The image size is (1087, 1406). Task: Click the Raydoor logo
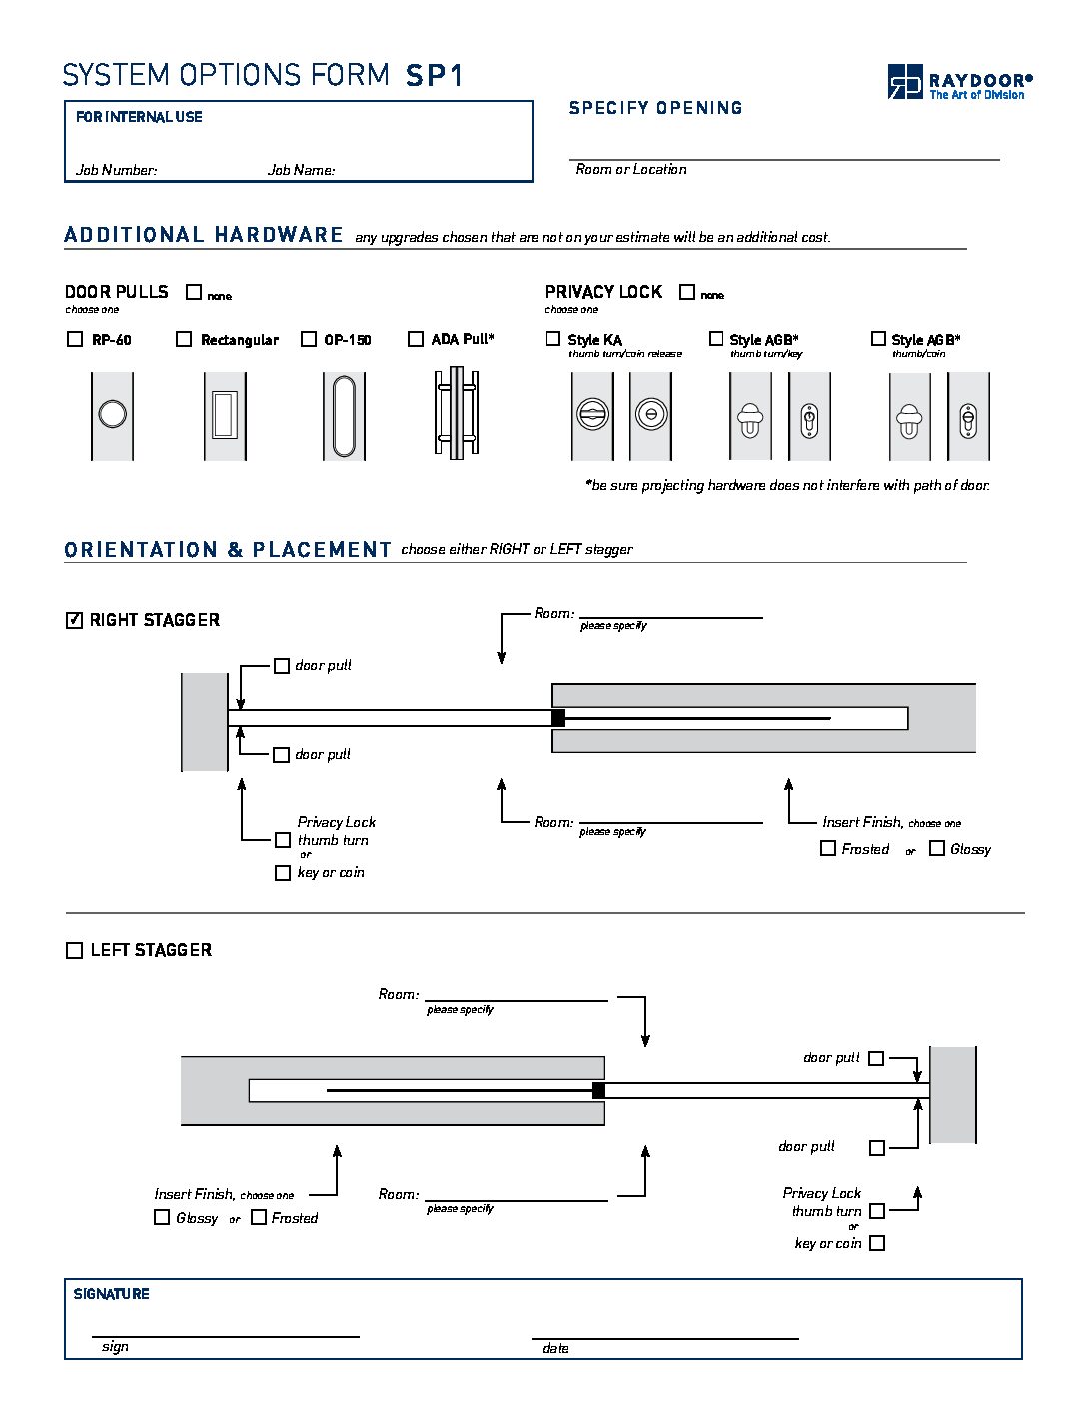[x=958, y=82]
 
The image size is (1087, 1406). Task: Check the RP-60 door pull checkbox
[x=75, y=339]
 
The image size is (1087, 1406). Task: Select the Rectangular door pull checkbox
[x=184, y=339]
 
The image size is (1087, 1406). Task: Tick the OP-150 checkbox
[x=309, y=339]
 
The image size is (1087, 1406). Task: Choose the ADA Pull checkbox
[x=416, y=339]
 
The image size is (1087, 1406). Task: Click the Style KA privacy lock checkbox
[x=553, y=339]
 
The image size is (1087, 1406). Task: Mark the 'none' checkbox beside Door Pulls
[x=194, y=292]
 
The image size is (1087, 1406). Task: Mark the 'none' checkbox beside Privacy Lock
[x=687, y=292]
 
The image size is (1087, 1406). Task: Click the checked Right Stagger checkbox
[x=74, y=620]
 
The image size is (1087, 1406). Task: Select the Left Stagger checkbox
[x=74, y=950]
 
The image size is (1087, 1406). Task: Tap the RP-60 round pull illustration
[x=112, y=415]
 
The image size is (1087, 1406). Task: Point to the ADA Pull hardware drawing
[x=456, y=414]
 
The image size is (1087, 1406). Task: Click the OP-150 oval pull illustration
[x=344, y=415]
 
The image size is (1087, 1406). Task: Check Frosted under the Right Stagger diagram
[x=828, y=848]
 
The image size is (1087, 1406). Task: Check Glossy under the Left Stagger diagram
[x=162, y=1217]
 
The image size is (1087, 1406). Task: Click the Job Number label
[x=116, y=170]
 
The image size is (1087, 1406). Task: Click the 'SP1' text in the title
[x=435, y=76]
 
